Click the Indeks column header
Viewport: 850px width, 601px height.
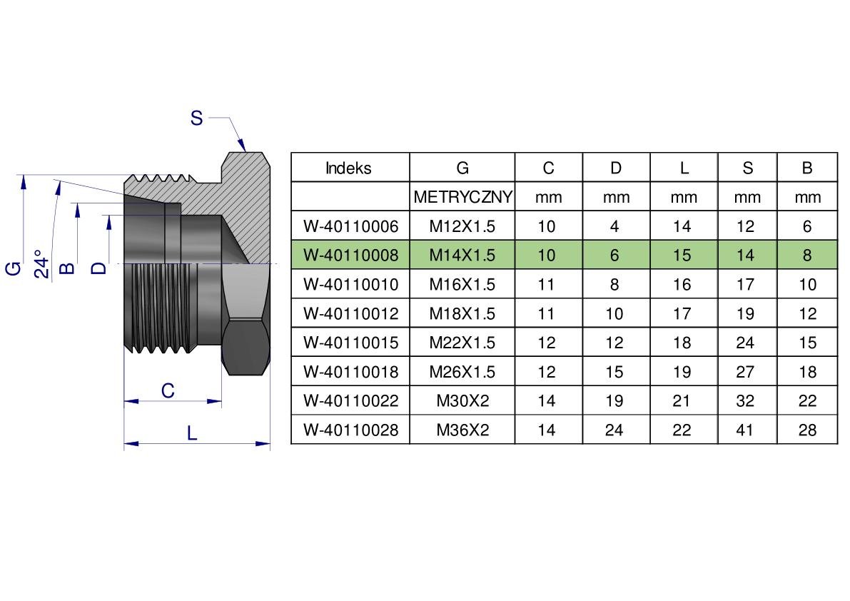click(x=348, y=168)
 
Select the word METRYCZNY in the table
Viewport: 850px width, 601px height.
click(x=462, y=197)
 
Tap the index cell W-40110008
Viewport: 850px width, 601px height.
click(x=350, y=256)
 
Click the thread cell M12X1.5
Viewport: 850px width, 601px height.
click(x=462, y=226)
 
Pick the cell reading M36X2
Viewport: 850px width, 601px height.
click(x=462, y=430)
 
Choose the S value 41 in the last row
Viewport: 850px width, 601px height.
click(x=745, y=430)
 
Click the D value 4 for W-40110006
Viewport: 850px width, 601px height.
click(x=614, y=226)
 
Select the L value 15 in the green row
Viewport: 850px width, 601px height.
click(x=682, y=256)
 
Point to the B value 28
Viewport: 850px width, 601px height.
click(x=807, y=430)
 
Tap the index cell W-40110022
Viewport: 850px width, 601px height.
click(x=350, y=400)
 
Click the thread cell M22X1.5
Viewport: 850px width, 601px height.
click(x=462, y=343)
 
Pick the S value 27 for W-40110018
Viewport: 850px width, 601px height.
click(x=745, y=372)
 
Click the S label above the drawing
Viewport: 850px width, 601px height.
click(x=196, y=118)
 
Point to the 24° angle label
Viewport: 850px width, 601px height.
click(x=41, y=265)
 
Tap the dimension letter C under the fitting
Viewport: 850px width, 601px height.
click(x=168, y=390)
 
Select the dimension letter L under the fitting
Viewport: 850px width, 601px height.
click(x=191, y=433)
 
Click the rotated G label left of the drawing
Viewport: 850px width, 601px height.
click(x=14, y=268)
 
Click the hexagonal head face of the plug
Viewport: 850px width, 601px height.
click(x=247, y=347)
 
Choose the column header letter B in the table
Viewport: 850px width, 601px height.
click(x=807, y=168)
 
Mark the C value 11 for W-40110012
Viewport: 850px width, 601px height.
click(x=547, y=313)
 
